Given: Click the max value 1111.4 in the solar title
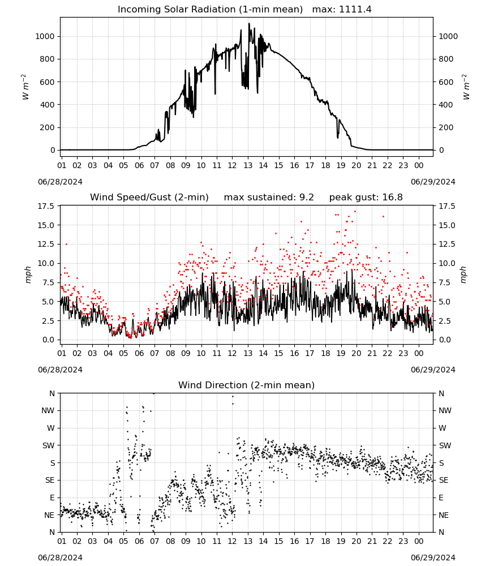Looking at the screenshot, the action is tap(355, 9).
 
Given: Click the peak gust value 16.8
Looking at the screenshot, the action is tap(391, 197).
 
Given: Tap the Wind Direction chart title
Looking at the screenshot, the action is tap(247, 385).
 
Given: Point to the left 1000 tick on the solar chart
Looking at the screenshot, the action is tap(45, 36).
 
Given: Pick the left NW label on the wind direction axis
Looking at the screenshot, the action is tap(48, 410).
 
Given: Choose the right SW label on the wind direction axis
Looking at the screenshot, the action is tap(445, 445).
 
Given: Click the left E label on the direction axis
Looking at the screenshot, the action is tap(52, 498).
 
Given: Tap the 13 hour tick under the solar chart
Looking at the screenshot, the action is tap(248, 165).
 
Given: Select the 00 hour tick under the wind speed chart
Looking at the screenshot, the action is tap(419, 353).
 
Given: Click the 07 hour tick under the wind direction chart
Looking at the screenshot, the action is tap(154, 542).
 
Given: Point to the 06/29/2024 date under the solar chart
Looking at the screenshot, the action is tap(433, 182).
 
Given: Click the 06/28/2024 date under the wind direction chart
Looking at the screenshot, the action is tap(60, 558).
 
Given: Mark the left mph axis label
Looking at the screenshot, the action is tap(28, 275).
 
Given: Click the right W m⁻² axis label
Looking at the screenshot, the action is tap(466, 87).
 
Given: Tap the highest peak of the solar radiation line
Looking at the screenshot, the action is tap(248, 23).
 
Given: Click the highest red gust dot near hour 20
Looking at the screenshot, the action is tap(355, 211).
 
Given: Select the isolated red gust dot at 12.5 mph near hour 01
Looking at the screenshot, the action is tap(66, 245).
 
